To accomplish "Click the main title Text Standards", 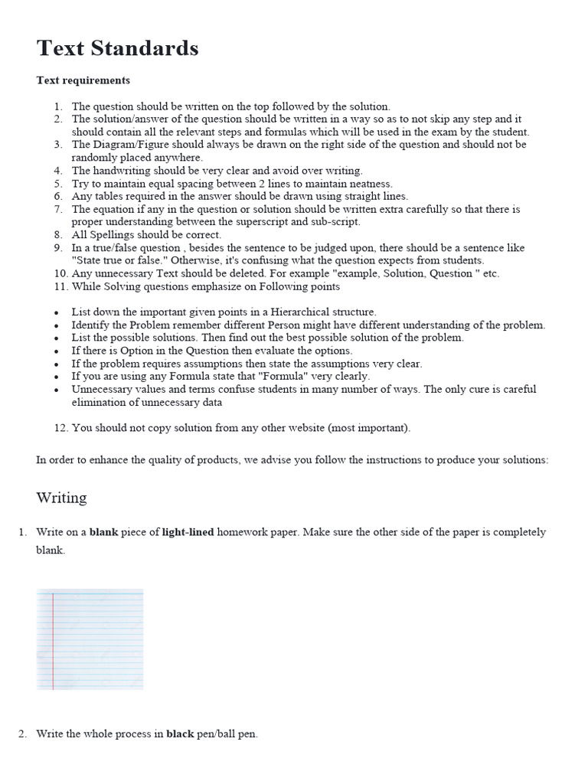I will (117, 48).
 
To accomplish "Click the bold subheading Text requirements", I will (83, 80).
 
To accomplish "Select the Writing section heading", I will (61, 498).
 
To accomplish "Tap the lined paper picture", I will (90, 639).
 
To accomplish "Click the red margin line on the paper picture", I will (54, 639).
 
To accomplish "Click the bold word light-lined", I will (188, 531).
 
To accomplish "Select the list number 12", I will (60, 428).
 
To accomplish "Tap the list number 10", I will (60, 273).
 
